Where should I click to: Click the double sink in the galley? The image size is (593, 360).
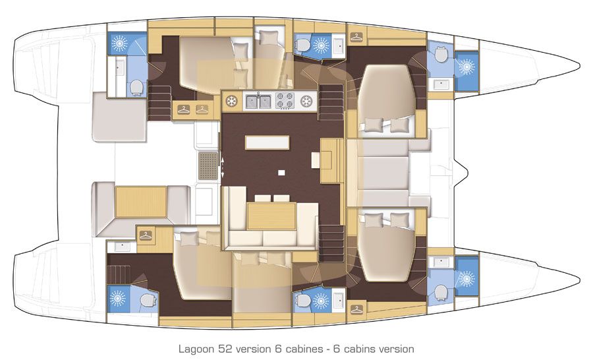259,101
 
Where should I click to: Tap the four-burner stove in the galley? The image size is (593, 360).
284,101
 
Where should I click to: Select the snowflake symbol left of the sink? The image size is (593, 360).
231,101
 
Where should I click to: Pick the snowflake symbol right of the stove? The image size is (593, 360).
306,101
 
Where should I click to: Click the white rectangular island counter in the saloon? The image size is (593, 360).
267,142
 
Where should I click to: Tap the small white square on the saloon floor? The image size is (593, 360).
281,173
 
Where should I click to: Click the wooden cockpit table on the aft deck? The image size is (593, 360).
141,202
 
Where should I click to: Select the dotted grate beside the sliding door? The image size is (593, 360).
208,164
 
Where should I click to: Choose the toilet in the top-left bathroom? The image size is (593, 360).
137,87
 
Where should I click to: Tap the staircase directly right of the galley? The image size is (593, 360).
331,102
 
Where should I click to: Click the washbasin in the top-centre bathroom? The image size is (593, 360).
337,46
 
